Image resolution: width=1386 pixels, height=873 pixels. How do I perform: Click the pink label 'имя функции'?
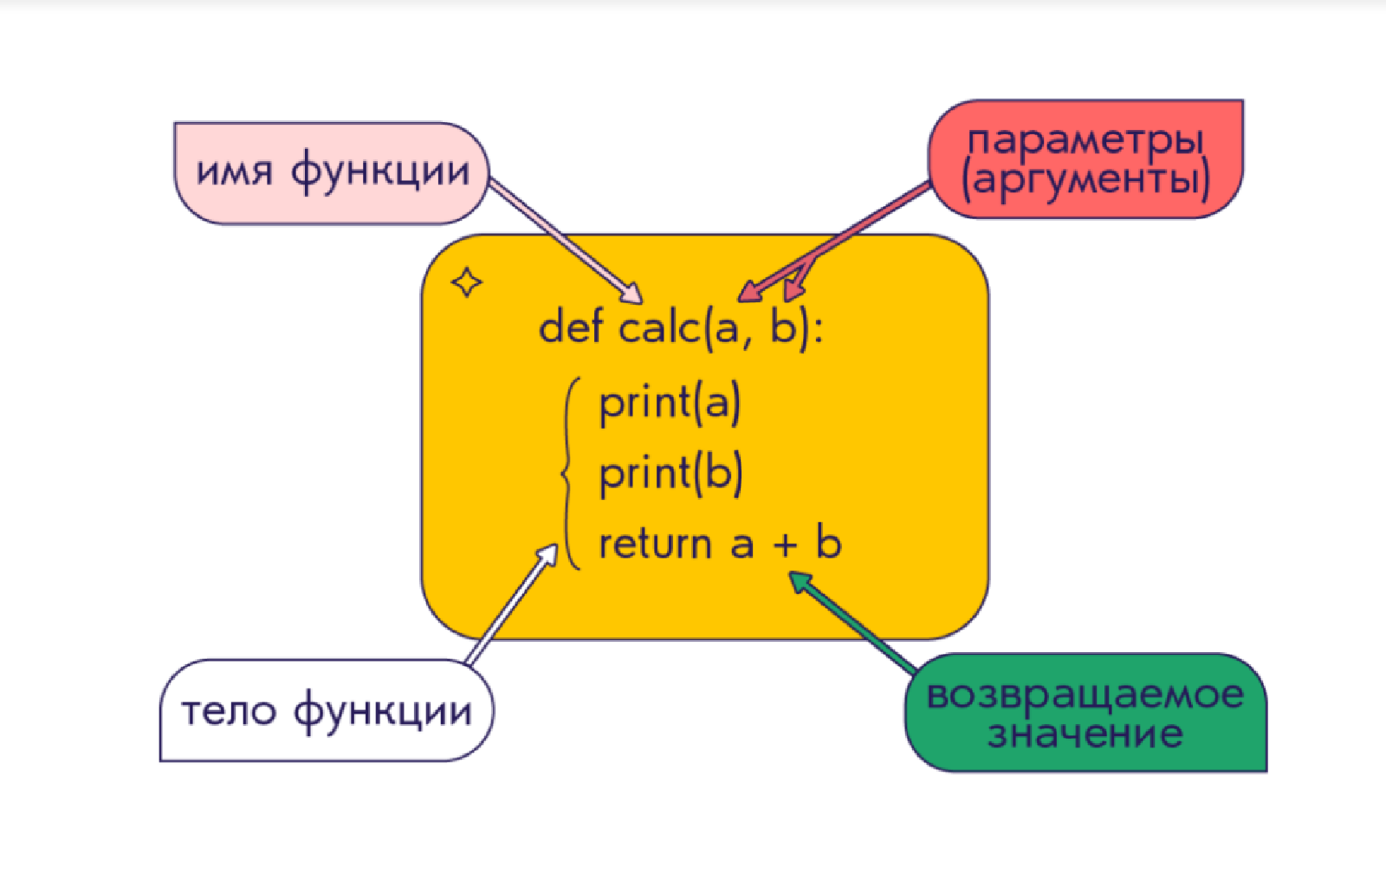coord(332,173)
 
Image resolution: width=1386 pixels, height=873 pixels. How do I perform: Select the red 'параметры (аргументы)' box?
coord(1086,158)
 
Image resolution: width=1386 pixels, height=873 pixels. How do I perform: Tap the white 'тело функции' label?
coord(327,710)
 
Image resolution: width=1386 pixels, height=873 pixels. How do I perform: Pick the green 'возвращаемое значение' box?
coord(1086,713)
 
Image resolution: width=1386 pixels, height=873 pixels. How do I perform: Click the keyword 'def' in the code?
coord(572,327)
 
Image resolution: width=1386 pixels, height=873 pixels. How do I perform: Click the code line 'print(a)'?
coord(670,404)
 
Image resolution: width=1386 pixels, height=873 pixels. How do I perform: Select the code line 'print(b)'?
coord(670,475)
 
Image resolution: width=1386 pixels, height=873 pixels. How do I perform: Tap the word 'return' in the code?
coord(656,545)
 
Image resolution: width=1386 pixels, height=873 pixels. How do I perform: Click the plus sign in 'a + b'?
coord(785,546)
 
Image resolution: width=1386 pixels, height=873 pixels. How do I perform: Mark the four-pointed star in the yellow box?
coord(467,282)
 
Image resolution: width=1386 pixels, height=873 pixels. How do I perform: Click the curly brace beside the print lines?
coord(570,473)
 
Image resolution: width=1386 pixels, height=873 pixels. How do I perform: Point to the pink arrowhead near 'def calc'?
coord(630,292)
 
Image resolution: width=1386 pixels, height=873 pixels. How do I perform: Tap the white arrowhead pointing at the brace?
coord(547,555)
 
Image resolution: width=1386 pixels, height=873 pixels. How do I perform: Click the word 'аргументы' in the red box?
coord(1086,180)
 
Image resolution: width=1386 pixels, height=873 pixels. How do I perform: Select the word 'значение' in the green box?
coord(1085,734)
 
